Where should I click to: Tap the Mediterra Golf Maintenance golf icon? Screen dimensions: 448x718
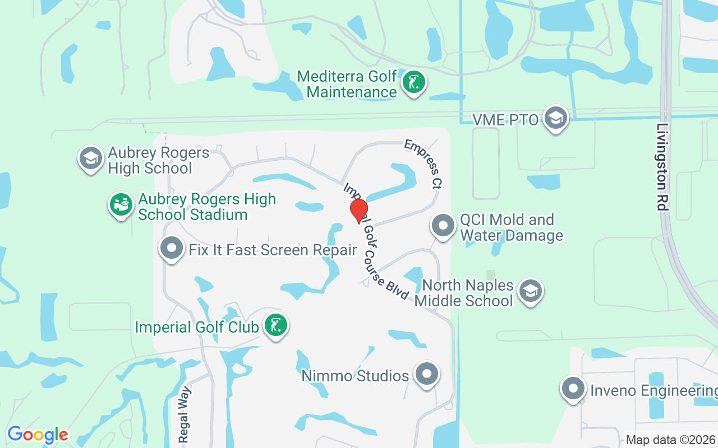tap(414, 83)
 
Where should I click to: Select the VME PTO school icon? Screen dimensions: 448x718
tap(556, 118)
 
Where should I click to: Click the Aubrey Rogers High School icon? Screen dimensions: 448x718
tap(91, 158)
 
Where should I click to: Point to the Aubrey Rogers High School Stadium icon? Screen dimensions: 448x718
tap(121, 204)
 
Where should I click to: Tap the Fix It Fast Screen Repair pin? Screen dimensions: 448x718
tap(172, 248)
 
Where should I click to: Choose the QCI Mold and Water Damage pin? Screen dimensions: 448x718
tap(443, 226)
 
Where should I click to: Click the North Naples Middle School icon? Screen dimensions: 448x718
tap(530, 291)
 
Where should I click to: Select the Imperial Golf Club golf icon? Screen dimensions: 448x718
tap(275, 325)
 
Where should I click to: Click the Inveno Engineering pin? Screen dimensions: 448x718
tap(573, 388)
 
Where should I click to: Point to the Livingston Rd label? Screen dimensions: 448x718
tap(662, 167)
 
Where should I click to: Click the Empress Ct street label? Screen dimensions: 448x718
tap(423, 164)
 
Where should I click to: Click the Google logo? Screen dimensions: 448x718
tap(38, 435)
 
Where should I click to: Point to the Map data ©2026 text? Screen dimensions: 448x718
tap(670, 440)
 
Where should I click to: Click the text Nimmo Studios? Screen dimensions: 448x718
tap(355, 376)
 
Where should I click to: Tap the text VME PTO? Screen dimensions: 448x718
tap(505, 119)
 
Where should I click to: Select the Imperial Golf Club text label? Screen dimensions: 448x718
tap(197, 327)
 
